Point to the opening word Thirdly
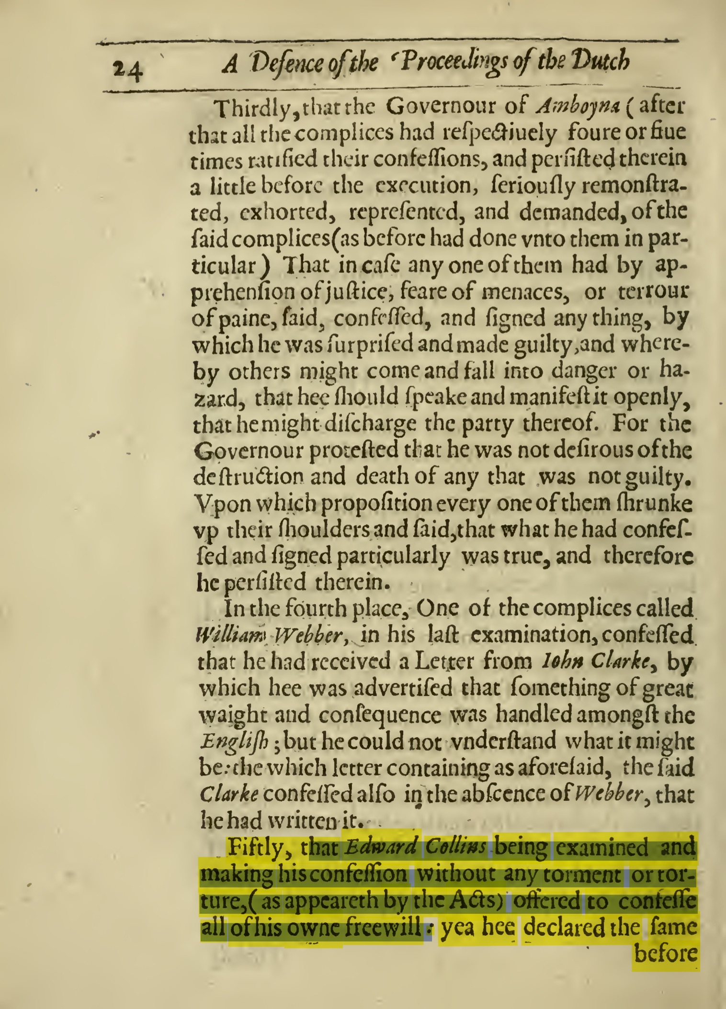(252, 109)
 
